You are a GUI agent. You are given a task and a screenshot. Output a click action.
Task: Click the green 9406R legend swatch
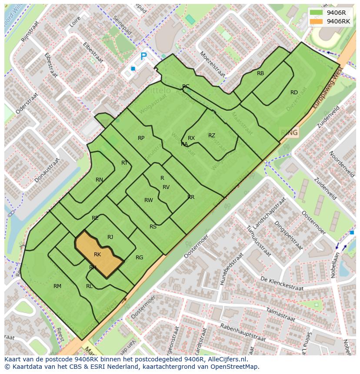tap(317, 13)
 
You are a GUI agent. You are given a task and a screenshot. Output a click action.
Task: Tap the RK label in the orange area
tap(97, 255)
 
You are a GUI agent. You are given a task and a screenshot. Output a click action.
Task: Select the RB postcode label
tap(260, 73)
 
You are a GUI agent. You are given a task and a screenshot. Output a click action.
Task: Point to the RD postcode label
tap(294, 93)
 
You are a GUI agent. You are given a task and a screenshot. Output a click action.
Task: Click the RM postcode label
tap(57, 286)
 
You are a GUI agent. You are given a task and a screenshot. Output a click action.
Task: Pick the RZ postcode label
tap(212, 136)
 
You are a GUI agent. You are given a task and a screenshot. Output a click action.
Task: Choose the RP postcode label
tap(141, 138)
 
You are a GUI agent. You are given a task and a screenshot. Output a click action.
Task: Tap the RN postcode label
tap(100, 180)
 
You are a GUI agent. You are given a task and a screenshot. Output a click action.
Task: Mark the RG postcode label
tap(139, 258)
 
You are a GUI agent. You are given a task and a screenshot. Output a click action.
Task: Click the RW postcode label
tap(149, 200)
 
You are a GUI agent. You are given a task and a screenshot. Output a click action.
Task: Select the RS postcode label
tap(153, 227)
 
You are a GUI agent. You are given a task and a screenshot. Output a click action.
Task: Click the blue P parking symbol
tap(143, 56)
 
